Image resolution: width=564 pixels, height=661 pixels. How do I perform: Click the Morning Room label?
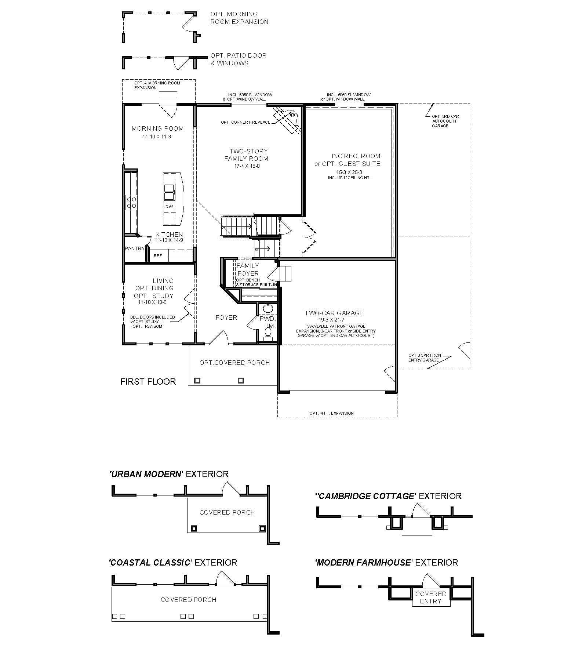[157, 128]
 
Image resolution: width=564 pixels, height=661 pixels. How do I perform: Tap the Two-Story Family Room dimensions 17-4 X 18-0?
[246, 166]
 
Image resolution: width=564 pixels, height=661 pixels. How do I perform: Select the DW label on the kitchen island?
[169, 207]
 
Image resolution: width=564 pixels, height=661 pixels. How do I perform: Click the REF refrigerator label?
[158, 256]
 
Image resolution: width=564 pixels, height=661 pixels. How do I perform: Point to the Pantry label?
[135, 248]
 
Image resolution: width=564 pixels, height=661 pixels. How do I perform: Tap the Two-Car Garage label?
[334, 313]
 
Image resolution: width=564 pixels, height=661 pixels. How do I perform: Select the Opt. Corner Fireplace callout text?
[245, 122]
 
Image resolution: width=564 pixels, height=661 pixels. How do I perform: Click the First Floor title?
[148, 382]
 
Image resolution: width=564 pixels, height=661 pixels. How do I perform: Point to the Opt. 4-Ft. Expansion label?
[331, 413]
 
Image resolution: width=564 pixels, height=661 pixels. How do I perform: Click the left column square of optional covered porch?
[197, 381]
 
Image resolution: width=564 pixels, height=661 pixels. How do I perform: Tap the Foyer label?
[226, 317]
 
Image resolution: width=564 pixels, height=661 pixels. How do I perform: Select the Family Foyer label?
[248, 269]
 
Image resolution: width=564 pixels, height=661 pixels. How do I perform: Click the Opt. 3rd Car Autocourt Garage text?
[445, 121]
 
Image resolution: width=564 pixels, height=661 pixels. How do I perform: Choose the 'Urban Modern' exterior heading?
[169, 474]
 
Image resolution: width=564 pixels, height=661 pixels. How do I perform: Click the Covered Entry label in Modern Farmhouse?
[430, 598]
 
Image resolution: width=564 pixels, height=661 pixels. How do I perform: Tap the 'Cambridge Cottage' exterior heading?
[388, 496]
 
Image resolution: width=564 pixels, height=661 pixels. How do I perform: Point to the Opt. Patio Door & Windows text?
[238, 59]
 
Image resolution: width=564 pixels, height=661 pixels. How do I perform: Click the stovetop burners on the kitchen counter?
[131, 203]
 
